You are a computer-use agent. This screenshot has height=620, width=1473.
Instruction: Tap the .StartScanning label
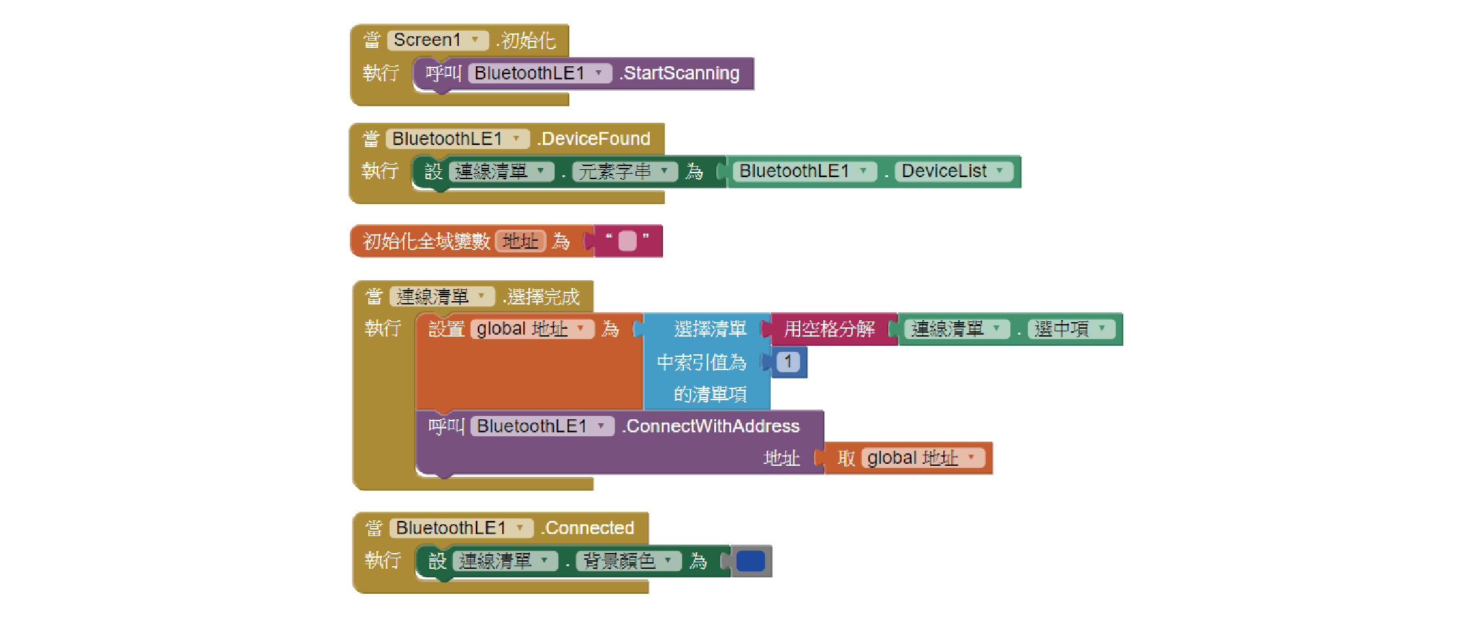pos(681,73)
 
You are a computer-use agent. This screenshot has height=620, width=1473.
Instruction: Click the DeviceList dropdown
pos(953,171)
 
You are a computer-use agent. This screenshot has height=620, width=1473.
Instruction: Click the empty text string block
pos(628,241)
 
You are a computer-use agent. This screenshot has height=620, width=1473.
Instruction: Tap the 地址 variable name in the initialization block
pos(521,241)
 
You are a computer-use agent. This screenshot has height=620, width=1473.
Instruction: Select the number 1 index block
pos(788,362)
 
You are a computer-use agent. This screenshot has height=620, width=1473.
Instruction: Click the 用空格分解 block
pos(830,329)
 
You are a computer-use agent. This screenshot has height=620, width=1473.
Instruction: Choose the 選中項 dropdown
pos(1071,329)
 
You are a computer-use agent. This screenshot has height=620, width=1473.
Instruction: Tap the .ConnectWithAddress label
pos(712,426)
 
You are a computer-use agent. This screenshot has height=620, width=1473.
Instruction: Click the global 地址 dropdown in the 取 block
pos(922,458)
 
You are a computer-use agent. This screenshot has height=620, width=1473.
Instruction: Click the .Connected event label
pos(589,528)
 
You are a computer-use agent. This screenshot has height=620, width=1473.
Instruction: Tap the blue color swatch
pos(750,562)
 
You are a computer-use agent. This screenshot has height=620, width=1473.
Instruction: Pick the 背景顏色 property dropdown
pos(628,562)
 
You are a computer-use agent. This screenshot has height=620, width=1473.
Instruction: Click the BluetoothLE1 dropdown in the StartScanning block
pos(539,73)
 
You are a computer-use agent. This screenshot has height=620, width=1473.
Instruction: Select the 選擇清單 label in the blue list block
pos(710,329)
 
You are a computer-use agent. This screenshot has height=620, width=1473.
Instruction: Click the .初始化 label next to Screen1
pos(528,41)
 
